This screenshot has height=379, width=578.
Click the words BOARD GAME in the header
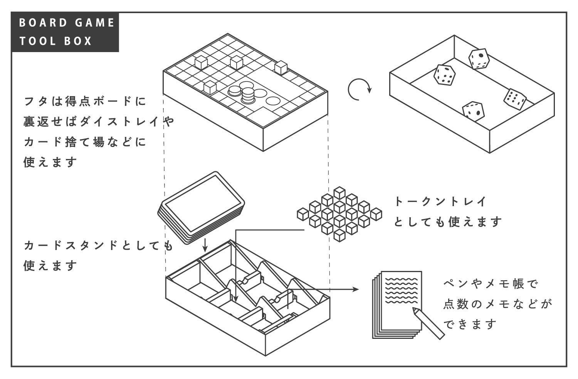(66, 22)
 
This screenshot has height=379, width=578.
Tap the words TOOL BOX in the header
(56, 41)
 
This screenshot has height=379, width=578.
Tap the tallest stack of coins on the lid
(248, 95)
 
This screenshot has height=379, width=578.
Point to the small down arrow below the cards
(205, 244)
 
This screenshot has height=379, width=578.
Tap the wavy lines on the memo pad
(401, 289)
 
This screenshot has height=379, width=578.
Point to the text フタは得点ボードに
(85, 102)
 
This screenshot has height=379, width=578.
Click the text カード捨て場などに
(85, 142)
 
